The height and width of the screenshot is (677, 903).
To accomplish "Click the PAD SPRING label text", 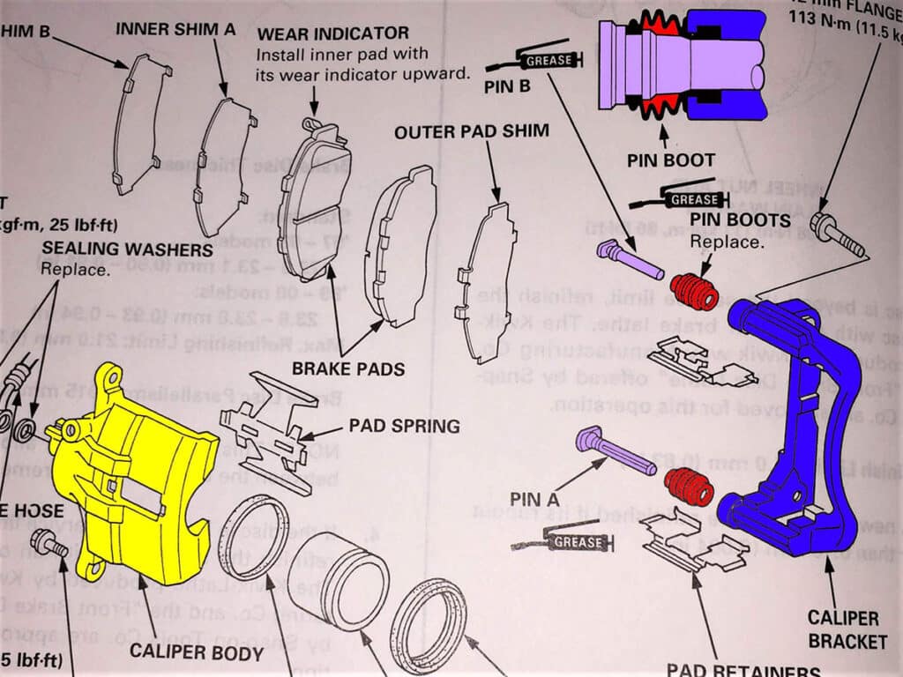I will [x=404, y=427].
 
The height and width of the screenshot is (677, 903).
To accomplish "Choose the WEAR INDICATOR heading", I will [x=332, y=33].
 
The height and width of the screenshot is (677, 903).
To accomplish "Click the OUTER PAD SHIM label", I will [x=471, y=132].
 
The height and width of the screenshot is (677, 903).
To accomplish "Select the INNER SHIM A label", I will [x=175, y=29].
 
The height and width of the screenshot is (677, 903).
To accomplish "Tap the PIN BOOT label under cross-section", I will [x=671, y=160].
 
